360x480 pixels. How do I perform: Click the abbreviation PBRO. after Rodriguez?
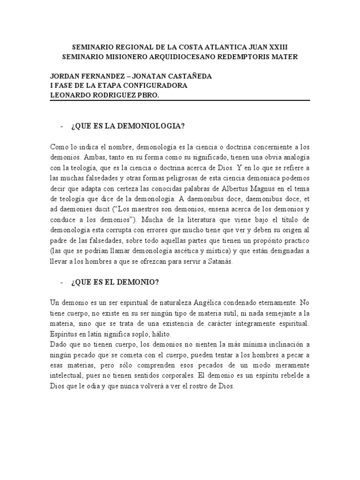[x=152, y=95]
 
